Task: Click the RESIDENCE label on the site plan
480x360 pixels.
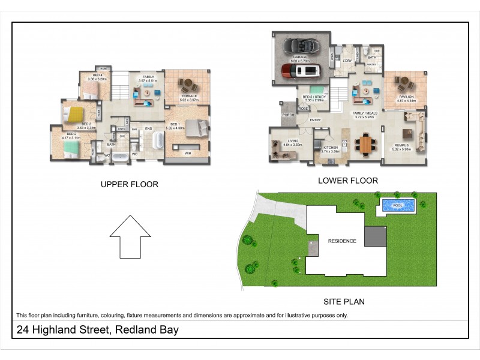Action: click(x=342, y=241)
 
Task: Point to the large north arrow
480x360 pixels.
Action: click(x=130, y=237)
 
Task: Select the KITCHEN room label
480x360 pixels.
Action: click(x=331, y=148)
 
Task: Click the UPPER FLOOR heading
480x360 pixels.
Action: click(x=130, y=185)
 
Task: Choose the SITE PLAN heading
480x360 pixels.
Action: click(x=344, y=302)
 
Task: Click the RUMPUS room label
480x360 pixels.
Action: click(x=401, y=145)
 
